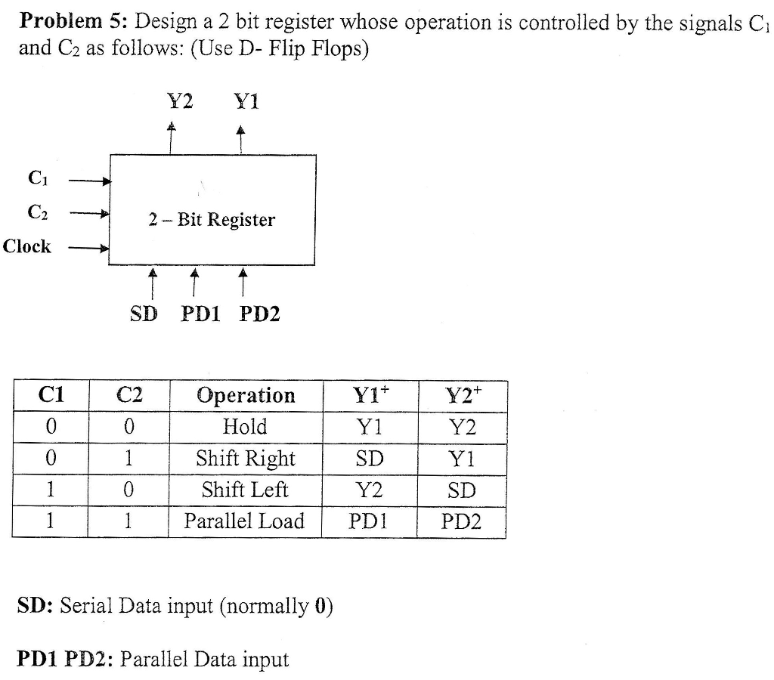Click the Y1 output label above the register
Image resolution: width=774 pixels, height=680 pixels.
[x=246, y=101]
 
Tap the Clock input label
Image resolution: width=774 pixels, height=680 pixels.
[x=27, y=246]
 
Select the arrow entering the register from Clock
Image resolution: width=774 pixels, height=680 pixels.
[x=89, y=247]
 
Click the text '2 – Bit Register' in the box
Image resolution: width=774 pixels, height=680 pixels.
[x=212, y=220]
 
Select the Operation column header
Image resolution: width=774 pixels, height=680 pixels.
[x=246, y=396]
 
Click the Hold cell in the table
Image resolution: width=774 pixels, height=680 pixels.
[x=245, y=428]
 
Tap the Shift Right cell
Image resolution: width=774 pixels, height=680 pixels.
[x=245, y=459]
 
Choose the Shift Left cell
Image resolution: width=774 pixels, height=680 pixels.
[x=245, y=490]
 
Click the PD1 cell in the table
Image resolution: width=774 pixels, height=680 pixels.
[x=369, y=521]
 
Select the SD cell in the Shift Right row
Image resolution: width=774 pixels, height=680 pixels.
[x=369, y=459]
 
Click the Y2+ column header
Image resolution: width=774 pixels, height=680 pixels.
[x=461, y=395]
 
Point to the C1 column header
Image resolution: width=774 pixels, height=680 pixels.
[x=51, y=395]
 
